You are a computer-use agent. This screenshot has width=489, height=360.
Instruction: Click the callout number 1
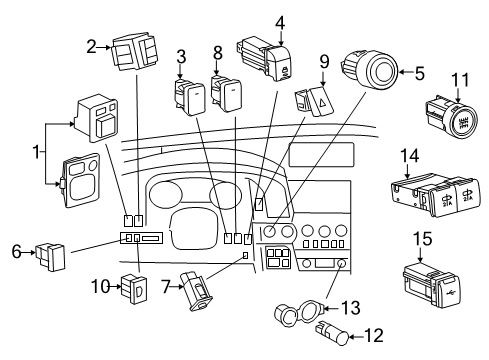point(37,155)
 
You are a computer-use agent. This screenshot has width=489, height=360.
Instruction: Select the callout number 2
point(92,45)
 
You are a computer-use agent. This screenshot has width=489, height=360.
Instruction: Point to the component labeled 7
point(198,292)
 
